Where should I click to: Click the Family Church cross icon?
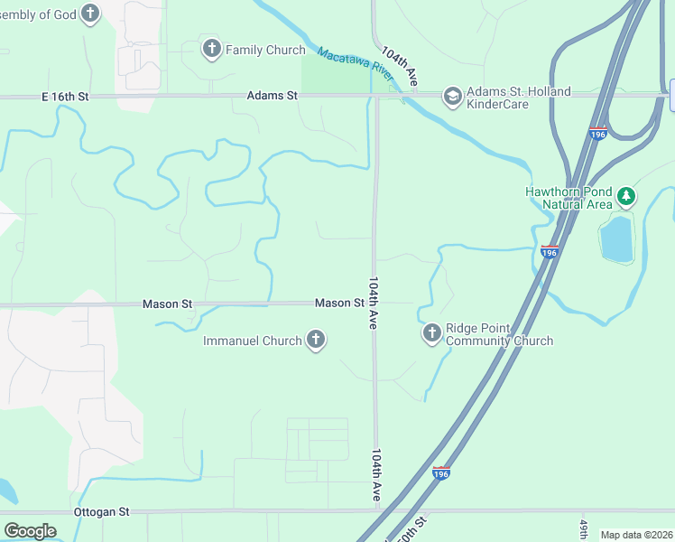coord(212,49)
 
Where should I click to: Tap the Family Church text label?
coord(265,50)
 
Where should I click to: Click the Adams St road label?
coord(273,95)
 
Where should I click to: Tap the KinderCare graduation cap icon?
coord(451,96)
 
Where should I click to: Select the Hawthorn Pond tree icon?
coord(626,196)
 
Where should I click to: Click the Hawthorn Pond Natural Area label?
coord(569,197)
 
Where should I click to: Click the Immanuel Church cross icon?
coord(315,341)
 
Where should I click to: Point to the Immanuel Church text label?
coord(252,341)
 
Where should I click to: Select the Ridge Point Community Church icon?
coord(431,334)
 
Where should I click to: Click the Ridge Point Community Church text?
coord(499,334)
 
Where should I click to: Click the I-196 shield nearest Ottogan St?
coord(440,472)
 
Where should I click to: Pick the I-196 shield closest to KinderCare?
coord(597,132)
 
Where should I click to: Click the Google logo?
coord(30,530)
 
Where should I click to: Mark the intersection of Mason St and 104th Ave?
coord(375,303)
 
